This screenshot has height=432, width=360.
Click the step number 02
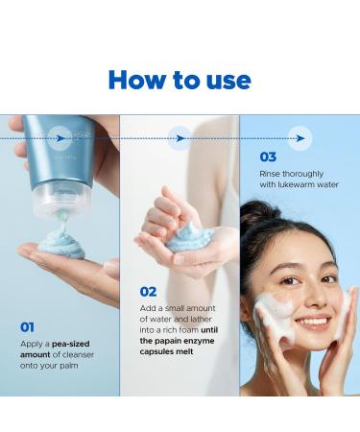[x=148, y=291]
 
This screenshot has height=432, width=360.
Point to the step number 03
[x=268, y=156]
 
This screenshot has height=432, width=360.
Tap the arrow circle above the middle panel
[x=180, y=137]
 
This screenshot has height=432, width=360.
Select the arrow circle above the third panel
[x=300, y=137]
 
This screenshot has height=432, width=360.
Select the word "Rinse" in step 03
[x=271, y=173]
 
